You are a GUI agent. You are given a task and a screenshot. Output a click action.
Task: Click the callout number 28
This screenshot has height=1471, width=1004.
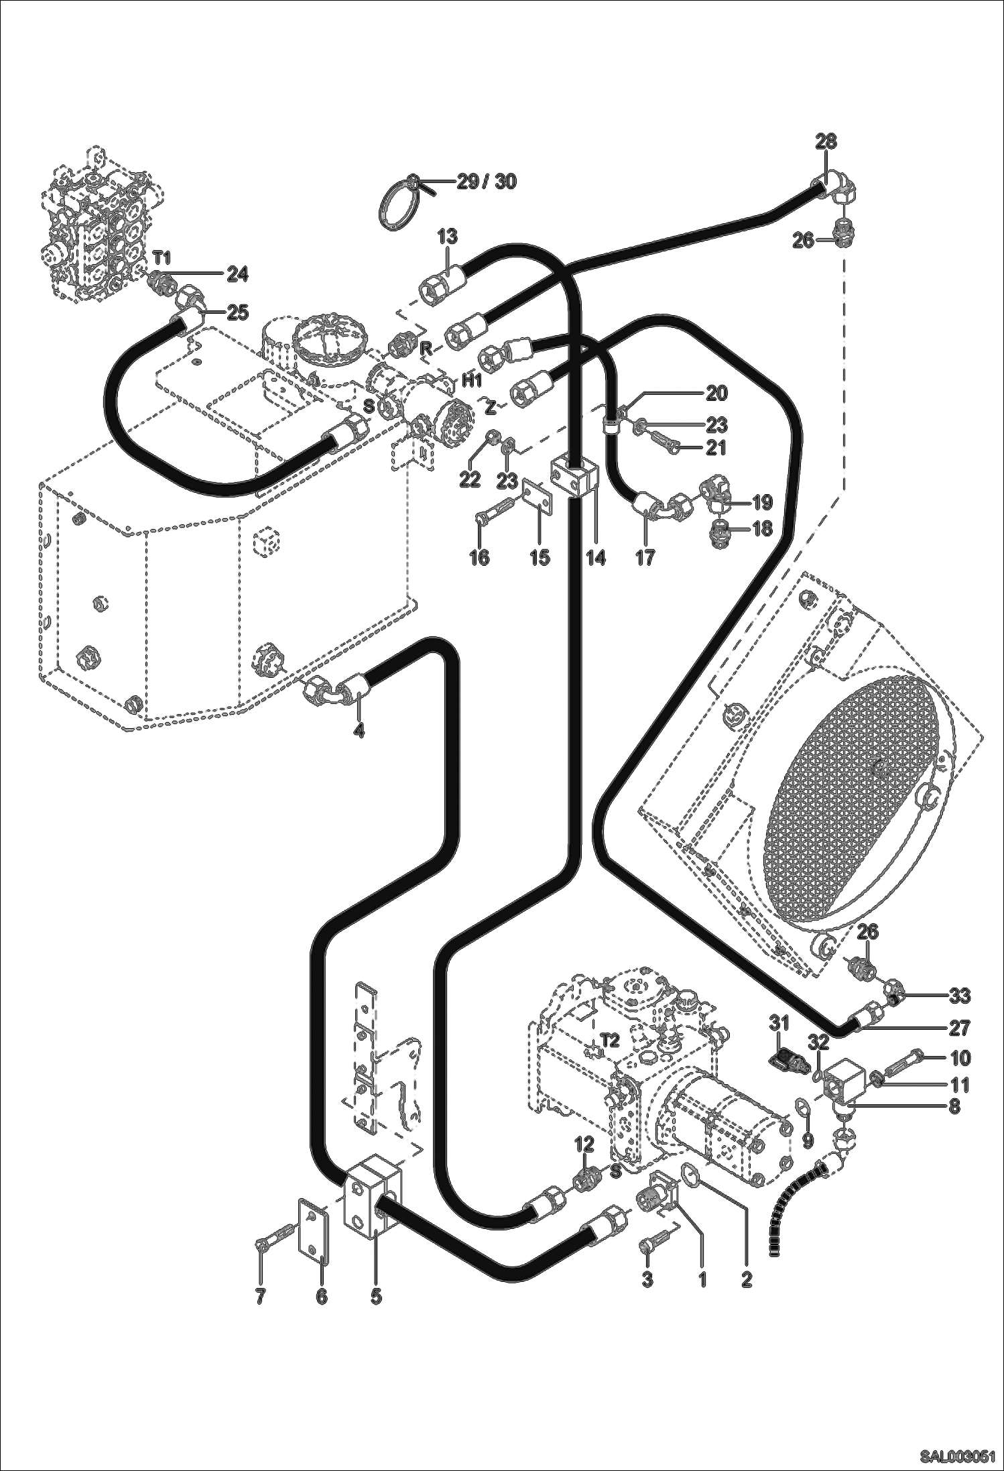826,141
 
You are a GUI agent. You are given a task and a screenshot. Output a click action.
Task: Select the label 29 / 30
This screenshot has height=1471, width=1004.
487,181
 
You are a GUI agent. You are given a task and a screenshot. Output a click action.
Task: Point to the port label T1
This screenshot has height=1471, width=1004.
162,257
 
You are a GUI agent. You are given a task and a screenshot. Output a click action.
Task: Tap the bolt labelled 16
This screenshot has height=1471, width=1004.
494,518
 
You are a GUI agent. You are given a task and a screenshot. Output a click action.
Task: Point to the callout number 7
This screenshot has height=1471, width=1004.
260,1297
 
